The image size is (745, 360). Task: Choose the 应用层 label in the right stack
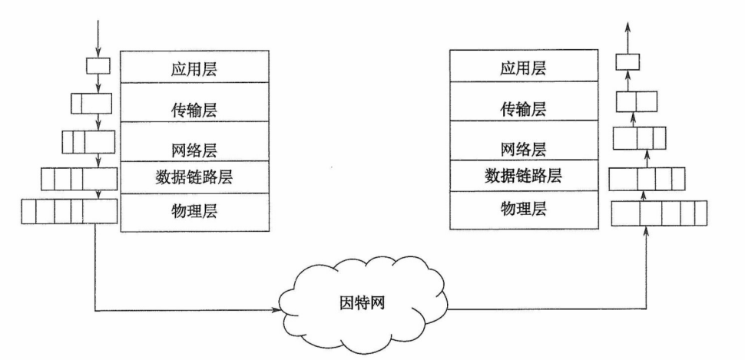click(524, 68)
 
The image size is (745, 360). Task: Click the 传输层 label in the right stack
click(524, 108)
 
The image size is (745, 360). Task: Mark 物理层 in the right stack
click(524, 210)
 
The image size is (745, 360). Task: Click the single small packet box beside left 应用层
click(98, 64)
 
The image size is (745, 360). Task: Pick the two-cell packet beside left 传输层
click(91, 102)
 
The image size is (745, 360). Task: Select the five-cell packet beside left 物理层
click(69, 211)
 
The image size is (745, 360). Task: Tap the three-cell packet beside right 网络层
click(637, 139)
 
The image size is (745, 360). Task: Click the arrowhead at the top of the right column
click(628, 27)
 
